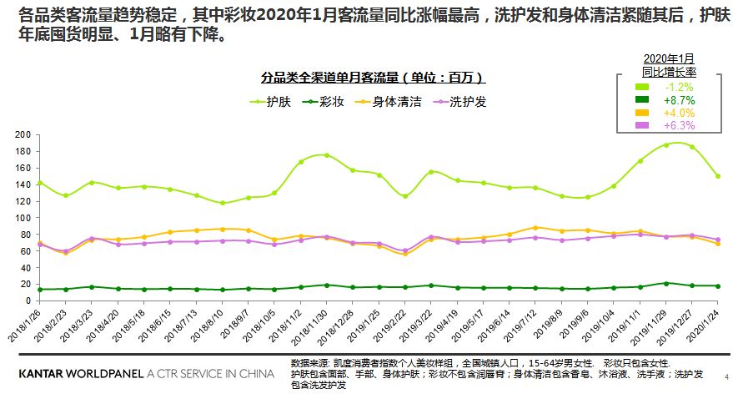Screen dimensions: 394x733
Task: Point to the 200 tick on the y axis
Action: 23,134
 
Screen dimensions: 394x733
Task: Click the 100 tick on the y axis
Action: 23,217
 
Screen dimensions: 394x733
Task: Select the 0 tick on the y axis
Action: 28,300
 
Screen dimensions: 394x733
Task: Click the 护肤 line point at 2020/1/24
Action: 717,176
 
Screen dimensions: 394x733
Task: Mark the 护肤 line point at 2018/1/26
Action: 39,183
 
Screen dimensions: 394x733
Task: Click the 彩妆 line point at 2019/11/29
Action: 665,283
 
